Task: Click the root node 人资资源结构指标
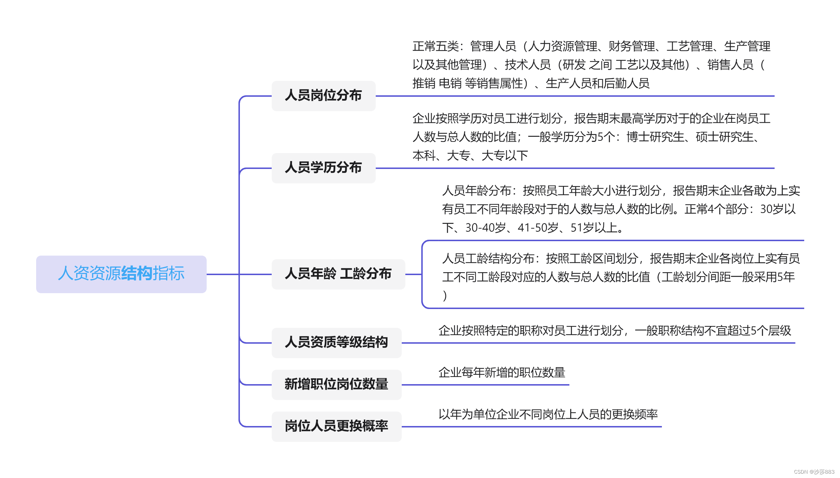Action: [x=121, y=274]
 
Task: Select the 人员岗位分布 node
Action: [x=323, y=96]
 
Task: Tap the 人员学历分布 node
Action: [x=323, y=168]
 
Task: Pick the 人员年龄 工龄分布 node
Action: [x=338, y=274]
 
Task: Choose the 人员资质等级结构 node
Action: [x=336, y=342]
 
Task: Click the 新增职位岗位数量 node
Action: [x=336, y=384]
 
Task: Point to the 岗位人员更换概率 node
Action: [x=336, y=426]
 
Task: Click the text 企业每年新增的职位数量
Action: [x=502, y=373]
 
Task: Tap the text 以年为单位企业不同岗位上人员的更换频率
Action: [x=548, y=414]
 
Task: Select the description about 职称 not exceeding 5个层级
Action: [x=615, y=331]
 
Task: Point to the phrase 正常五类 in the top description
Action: [x=436, y=47]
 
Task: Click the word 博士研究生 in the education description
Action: [x=655, y=137]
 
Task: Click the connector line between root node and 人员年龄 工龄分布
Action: [x=222, y=274]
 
